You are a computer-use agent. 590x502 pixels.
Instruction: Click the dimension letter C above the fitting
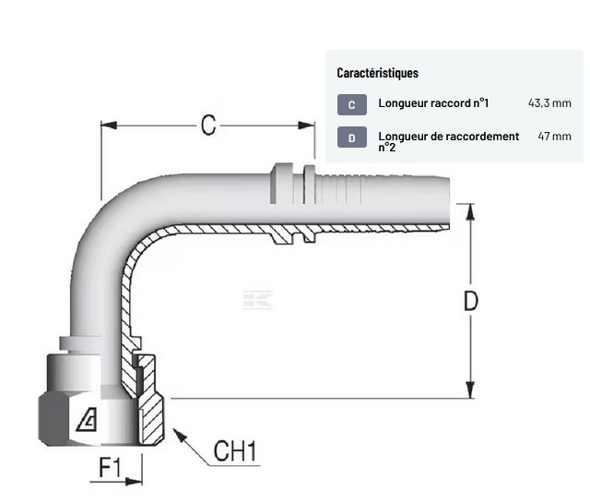pyautogui.click(x=208, y=124)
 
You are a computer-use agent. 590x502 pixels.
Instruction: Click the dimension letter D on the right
pyautogui.click(x=470, y=302)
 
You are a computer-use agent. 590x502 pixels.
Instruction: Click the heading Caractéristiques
pyautogui.click(x=378, y=73)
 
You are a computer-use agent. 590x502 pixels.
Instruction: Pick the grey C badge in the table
pyautogui.click(x=352, y=104)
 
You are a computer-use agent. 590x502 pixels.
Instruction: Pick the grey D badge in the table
pyautogui.click(x=352, y=138)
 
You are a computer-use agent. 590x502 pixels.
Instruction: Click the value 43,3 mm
pyautogui.click(x=549, y=103)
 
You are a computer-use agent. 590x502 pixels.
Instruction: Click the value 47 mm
pyautogui.click(x=554, y=137)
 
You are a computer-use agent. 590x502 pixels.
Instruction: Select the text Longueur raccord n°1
pyautogui.click(x=433, y=103)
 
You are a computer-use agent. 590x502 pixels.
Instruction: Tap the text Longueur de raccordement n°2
pyautogui.click(x=448, y=140)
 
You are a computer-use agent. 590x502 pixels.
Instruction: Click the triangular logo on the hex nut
pyautogui.click(x=90, y=423)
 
